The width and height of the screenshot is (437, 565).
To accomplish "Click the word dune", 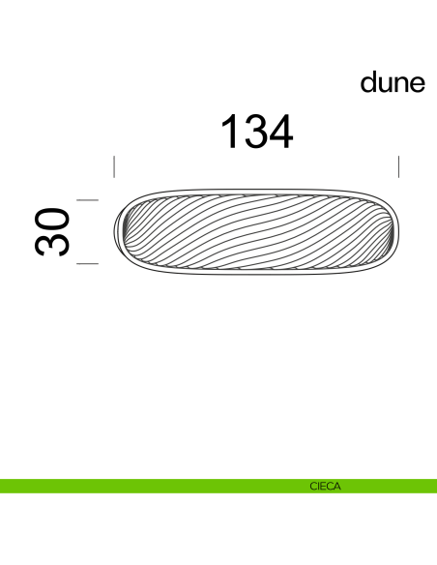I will pyautogui.click(x=393, y=83).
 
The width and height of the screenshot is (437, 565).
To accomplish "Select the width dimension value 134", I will pyautogui.click(x=257, y=132).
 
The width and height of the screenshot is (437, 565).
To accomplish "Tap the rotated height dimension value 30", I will pyautogui.click(x=55, y=231).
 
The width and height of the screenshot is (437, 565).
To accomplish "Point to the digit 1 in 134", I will pyautogui.click(x=231, y=132).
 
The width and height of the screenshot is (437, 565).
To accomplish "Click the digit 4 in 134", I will pyautogui.click(x=281, y=132).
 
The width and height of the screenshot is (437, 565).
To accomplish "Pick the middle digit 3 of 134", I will pyautogui.click(x=256, y=132).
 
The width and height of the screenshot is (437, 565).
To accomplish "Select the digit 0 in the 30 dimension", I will pyautogui.click(x=55, y=218).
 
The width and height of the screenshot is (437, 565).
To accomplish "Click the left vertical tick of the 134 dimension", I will pyautogui.click(x=114, y=166).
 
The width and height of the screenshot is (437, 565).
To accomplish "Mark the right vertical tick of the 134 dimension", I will pyautogui.click(x=398, y=166).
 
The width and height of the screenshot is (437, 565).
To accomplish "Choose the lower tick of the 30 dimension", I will pyautogui.click(x=88, y=262).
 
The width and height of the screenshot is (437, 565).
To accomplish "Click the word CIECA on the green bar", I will pyautogui.click(x=325, y=487).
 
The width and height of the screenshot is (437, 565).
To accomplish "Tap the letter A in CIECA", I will pyautogui.click(x=337, y=487).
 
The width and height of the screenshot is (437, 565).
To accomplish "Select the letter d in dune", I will pyautogui.click(x=369, y=83).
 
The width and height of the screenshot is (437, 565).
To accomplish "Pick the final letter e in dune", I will pyautogui.click(x=418, y=84).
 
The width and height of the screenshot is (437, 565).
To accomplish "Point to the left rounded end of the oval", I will pyautogui.click(x=122, y=232).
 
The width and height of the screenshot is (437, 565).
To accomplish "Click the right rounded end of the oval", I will pyautogui.click(x=391, y=232).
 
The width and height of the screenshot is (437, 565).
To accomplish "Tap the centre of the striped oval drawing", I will pyautogui.click(x=256, y=232).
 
